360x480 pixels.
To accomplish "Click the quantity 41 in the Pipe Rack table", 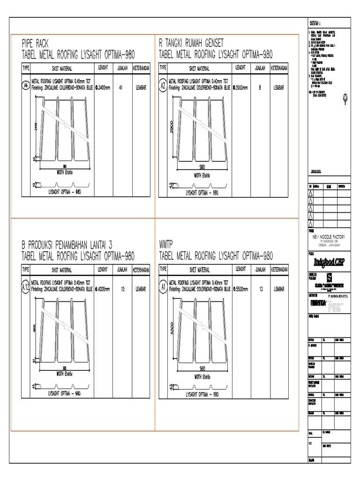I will point(121,87).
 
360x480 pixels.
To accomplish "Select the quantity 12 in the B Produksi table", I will point(122,290).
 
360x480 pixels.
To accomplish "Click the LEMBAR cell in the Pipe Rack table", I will point(141,87).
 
